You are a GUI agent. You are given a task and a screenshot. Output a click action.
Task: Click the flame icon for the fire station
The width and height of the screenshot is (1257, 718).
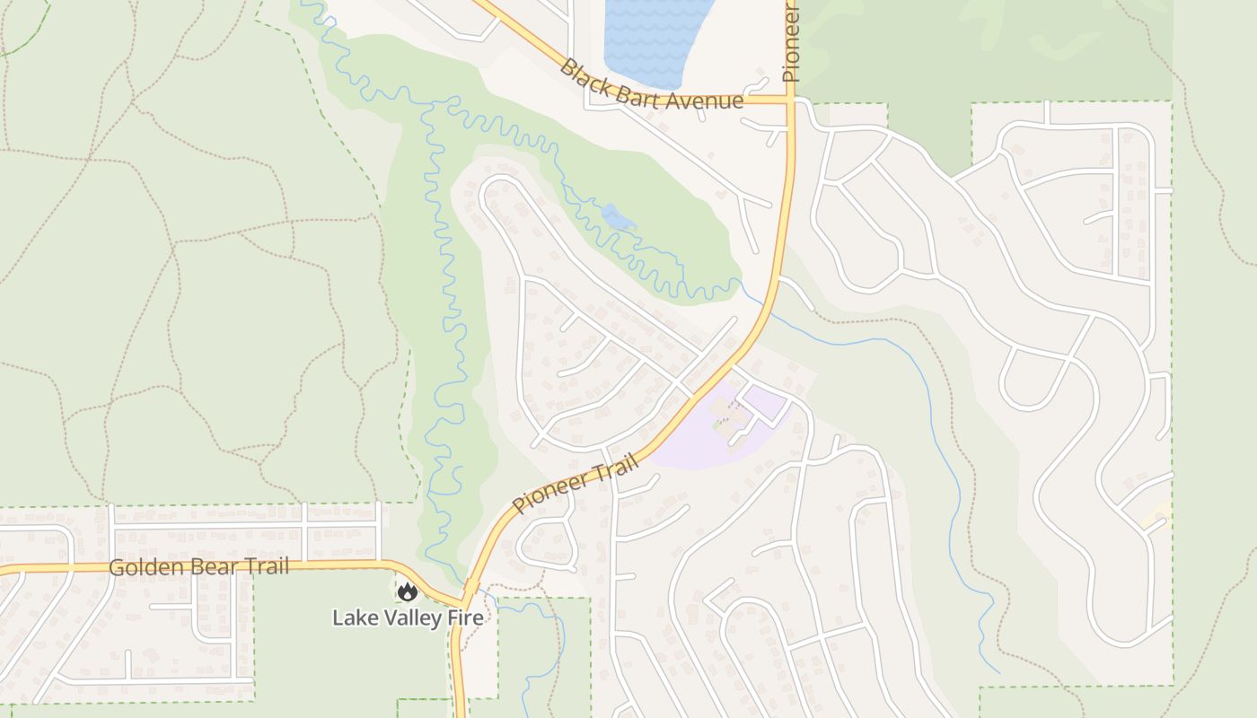[408, 591]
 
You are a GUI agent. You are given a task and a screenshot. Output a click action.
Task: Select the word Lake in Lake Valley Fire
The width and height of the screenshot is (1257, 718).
[351, 617]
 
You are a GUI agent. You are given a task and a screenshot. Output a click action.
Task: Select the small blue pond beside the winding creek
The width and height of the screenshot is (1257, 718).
[617, 216]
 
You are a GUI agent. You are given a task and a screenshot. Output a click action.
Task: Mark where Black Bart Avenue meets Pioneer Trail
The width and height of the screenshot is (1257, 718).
[790, 100]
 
